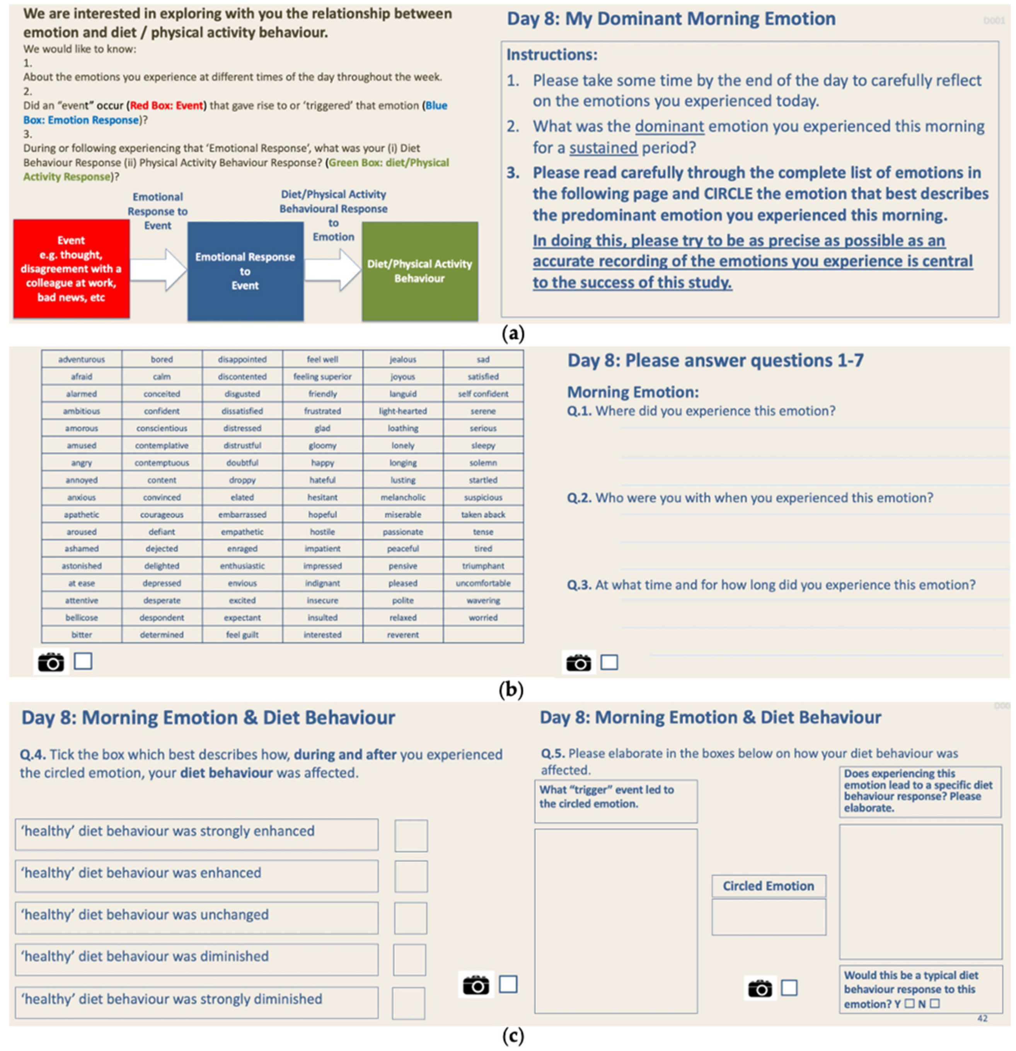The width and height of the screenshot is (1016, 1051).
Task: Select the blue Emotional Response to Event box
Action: [245, 271]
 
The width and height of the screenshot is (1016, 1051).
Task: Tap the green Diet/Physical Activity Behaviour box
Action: [419, 271]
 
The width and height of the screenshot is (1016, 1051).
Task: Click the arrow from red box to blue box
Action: [158, 269]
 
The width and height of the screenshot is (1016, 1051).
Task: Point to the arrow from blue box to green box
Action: [332, 269]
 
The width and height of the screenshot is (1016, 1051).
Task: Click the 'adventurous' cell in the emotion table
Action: [82, 359]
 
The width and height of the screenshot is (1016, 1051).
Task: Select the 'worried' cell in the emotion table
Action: [483, 617]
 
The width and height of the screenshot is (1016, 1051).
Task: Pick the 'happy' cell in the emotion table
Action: [322, 462]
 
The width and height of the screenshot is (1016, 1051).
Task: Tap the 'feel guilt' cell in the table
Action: [242, 634]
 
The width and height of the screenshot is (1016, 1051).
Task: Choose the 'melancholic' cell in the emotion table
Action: [403, 497]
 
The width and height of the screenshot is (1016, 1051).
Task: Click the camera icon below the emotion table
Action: [51, 662]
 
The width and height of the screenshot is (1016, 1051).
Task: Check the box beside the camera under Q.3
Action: [609, 662]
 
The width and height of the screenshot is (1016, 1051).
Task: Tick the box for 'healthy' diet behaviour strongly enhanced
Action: [411, 835]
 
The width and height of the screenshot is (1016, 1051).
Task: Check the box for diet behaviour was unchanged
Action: [410, 918]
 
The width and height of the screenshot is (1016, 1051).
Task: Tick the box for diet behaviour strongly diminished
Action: [408, 1003]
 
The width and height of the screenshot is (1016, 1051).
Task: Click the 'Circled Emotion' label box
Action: [768, 886]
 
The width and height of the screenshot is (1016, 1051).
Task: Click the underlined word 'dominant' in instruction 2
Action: [669, 127]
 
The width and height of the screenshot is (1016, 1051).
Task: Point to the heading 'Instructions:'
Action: [551, 55]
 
